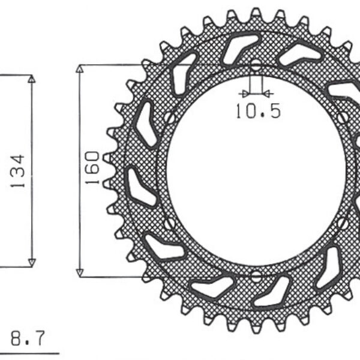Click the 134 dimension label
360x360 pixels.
17,171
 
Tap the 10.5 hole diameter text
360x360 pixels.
257,112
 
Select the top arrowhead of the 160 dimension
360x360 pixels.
79,68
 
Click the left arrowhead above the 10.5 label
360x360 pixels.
243,94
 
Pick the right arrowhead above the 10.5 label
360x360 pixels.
268,94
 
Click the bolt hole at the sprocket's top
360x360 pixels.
256,64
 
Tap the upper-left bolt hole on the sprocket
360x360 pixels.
169,118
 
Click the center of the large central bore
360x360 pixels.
256,170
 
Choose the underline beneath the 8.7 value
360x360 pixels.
30,352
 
